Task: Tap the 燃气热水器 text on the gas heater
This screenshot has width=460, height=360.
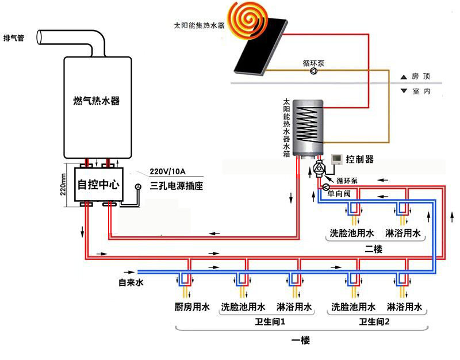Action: coord(96,101)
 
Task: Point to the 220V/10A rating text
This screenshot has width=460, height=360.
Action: coord(168,171)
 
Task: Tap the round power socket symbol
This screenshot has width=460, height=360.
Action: coord(138,187)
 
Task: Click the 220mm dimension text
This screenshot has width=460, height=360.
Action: coord(64,183)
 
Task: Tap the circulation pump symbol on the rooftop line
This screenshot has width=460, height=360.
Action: coord(313,71)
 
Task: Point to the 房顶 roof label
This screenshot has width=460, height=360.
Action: coord(420,76)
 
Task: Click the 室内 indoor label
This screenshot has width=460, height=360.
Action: coord(420,91)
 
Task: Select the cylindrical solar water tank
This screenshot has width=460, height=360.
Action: coord(308,128)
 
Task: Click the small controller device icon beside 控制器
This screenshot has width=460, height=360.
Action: coord(338,159)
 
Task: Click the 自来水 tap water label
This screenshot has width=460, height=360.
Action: coord(130,282)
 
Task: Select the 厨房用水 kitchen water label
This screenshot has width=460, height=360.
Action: coord(191,307)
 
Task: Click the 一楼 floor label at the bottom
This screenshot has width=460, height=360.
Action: coord(300,340)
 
